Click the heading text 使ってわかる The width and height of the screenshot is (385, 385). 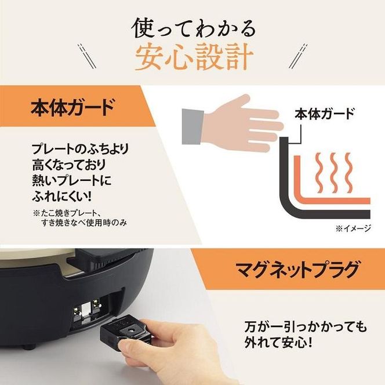[x=193, y=28]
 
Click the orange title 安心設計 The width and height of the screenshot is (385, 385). [x=193, y=57]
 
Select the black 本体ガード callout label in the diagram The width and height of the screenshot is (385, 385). [x=324, y=113]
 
